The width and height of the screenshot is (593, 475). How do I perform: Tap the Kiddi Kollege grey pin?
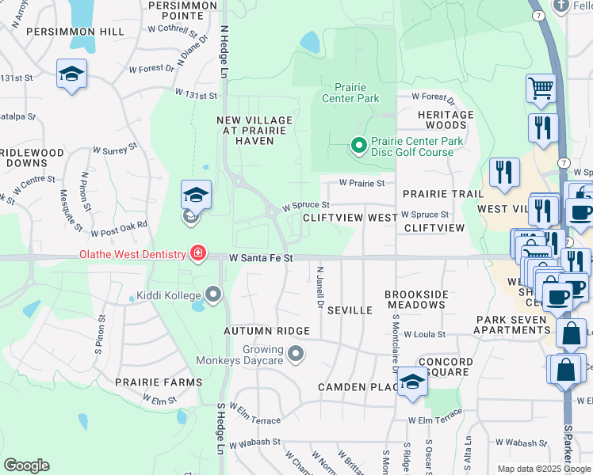[213, 295]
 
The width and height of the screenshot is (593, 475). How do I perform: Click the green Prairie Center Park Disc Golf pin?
[358, 145]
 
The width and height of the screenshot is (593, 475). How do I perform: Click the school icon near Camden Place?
[412, 382]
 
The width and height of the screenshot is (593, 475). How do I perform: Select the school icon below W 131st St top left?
[72, 75]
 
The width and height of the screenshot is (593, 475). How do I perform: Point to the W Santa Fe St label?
[261, 258]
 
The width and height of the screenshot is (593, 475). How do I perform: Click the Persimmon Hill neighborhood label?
[75, 31]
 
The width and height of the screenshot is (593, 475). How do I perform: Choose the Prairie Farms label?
[158, 382]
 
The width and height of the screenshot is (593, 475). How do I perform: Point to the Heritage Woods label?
[446, 120]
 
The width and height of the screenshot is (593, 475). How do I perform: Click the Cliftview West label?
[350, 217]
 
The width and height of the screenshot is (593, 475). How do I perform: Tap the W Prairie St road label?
[362, 183]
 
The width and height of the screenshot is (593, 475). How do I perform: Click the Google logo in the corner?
[26, 465]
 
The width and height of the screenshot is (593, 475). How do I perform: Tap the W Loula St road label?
[424, 335]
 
